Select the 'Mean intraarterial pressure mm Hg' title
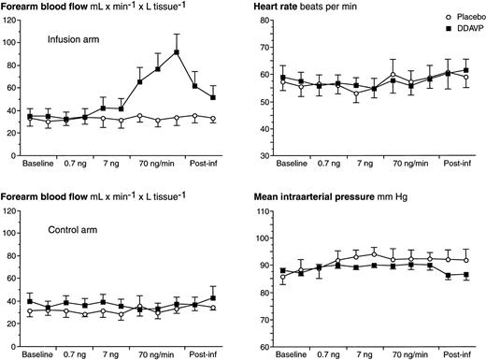331,197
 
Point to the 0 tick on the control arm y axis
16,346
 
